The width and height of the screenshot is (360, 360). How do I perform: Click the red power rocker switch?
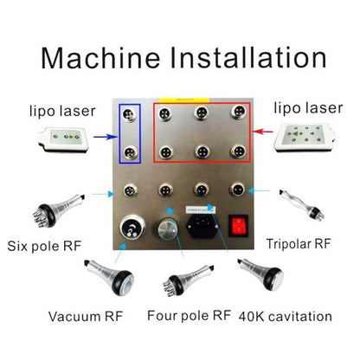(238, 226)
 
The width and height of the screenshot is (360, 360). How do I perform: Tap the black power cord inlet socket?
(203, 226)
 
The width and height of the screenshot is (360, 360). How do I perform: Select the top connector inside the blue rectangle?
(129, 114)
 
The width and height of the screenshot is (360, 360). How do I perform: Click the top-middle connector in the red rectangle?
(202, 112)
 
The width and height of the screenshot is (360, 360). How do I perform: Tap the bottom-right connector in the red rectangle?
(238, 151)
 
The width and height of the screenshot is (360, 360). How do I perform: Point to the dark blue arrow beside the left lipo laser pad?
(106, 137)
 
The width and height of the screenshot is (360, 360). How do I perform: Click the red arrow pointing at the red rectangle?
(263, 132)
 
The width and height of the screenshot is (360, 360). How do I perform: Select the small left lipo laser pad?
(64, 139)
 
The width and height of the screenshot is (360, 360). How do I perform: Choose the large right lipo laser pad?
(305, 138)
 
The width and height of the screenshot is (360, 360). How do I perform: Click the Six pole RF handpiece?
(58, 210)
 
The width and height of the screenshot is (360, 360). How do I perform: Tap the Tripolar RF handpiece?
(302, 204)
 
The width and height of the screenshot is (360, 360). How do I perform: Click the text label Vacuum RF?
(86, 317)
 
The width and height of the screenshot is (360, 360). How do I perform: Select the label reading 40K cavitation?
(286, 317)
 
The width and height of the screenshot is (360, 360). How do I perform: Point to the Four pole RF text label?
(189, 315)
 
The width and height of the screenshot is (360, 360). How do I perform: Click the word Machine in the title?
(100, 58)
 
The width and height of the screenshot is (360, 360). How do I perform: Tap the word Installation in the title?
(248, 58)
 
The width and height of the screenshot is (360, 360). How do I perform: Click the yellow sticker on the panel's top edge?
(184, 100)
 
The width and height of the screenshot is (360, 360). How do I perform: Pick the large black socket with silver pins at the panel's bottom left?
(132, 227)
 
